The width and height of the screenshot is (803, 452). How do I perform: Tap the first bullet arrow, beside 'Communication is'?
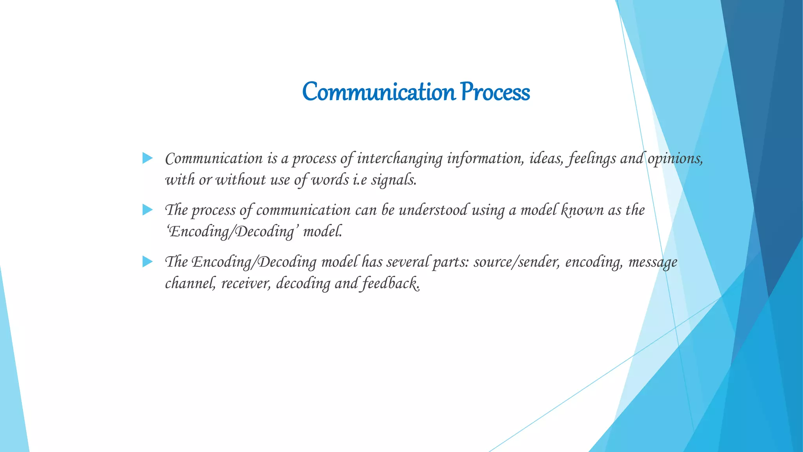click(147, 158)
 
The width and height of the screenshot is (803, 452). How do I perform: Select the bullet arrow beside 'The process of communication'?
click(147, 210)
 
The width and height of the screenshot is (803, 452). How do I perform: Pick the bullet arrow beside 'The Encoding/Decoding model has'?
click(147, 261)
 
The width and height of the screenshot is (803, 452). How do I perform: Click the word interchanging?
click(400, 159)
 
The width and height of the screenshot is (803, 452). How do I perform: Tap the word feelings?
click(592, 159)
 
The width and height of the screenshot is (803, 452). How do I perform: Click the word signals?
click(393, 180)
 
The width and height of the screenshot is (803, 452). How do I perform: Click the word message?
click(653, 262)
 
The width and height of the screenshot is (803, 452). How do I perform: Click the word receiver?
click(246, 283)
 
